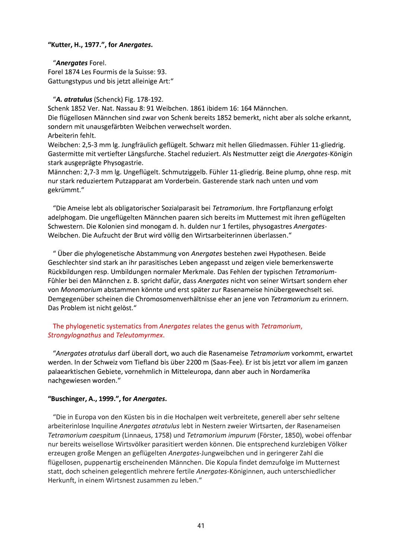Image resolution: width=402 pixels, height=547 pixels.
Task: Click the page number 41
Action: [x=201, y=525]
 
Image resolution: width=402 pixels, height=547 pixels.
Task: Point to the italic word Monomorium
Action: [x=81, y=290]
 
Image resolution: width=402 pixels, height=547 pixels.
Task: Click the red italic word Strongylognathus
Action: [x=74, y=335]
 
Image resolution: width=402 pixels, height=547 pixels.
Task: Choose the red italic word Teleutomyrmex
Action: [x=140, y=335]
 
